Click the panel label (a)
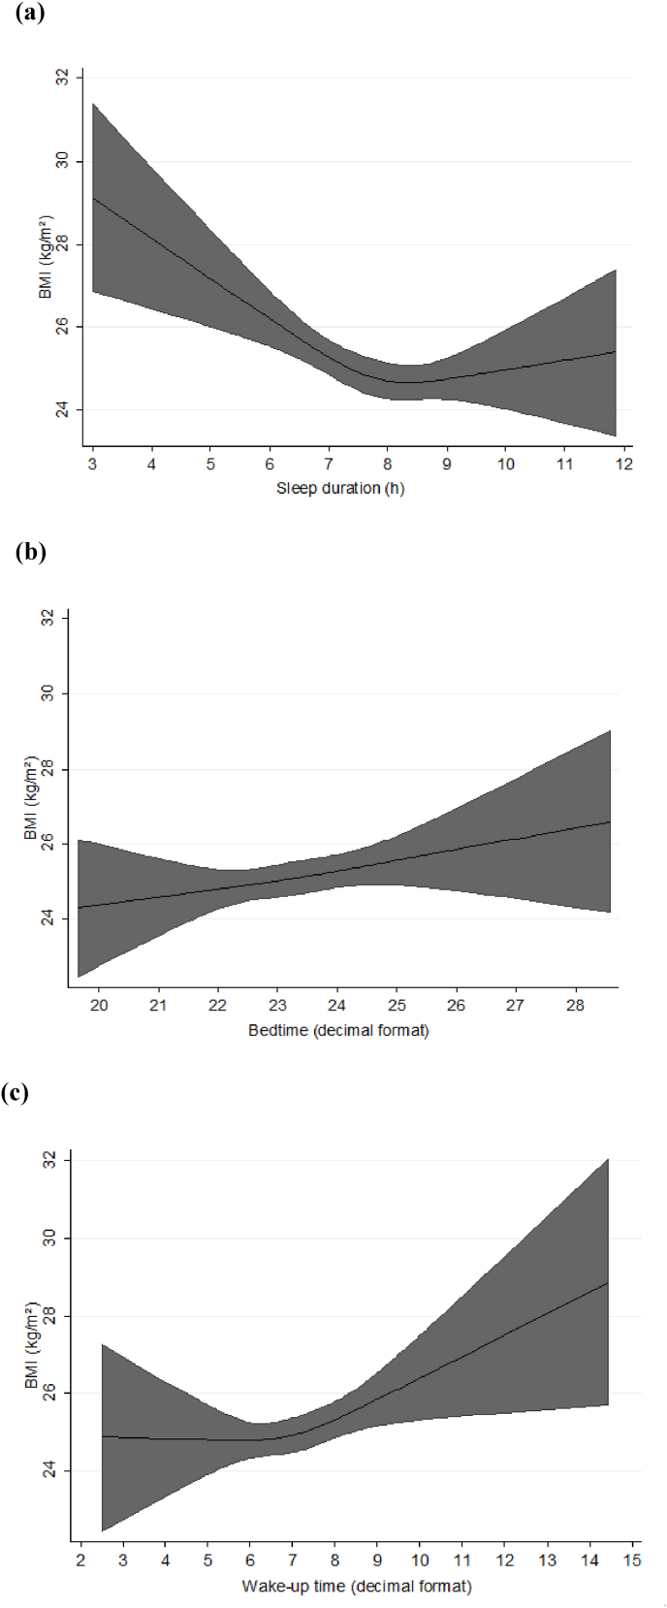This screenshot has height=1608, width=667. coord(30,14)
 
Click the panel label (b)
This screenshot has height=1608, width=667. coord(30,552)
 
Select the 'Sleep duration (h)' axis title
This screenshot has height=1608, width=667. coord(340,488)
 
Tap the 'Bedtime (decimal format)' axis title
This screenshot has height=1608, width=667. coord(338,1030)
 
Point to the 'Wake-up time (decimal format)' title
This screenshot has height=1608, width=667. coord(357,1586)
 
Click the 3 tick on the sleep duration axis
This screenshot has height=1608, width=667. coord(92,465)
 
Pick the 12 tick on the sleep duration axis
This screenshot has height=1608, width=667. coord(624,465)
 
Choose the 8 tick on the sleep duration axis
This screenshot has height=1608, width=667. coord(388,465)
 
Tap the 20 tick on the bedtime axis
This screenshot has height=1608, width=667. coord(99,1006)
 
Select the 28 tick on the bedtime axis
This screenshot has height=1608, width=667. coord(575,1006)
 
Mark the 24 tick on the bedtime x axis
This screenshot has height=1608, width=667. coord(336,1006)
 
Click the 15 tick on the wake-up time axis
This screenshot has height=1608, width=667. coord(632,1560)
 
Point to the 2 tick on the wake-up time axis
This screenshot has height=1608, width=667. coord(80,1560)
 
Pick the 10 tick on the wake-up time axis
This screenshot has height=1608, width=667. coord(420,1560)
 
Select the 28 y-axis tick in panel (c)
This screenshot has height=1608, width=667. coord(48,1316)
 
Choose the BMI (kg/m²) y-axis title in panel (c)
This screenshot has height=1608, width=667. coord(31,1345)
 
